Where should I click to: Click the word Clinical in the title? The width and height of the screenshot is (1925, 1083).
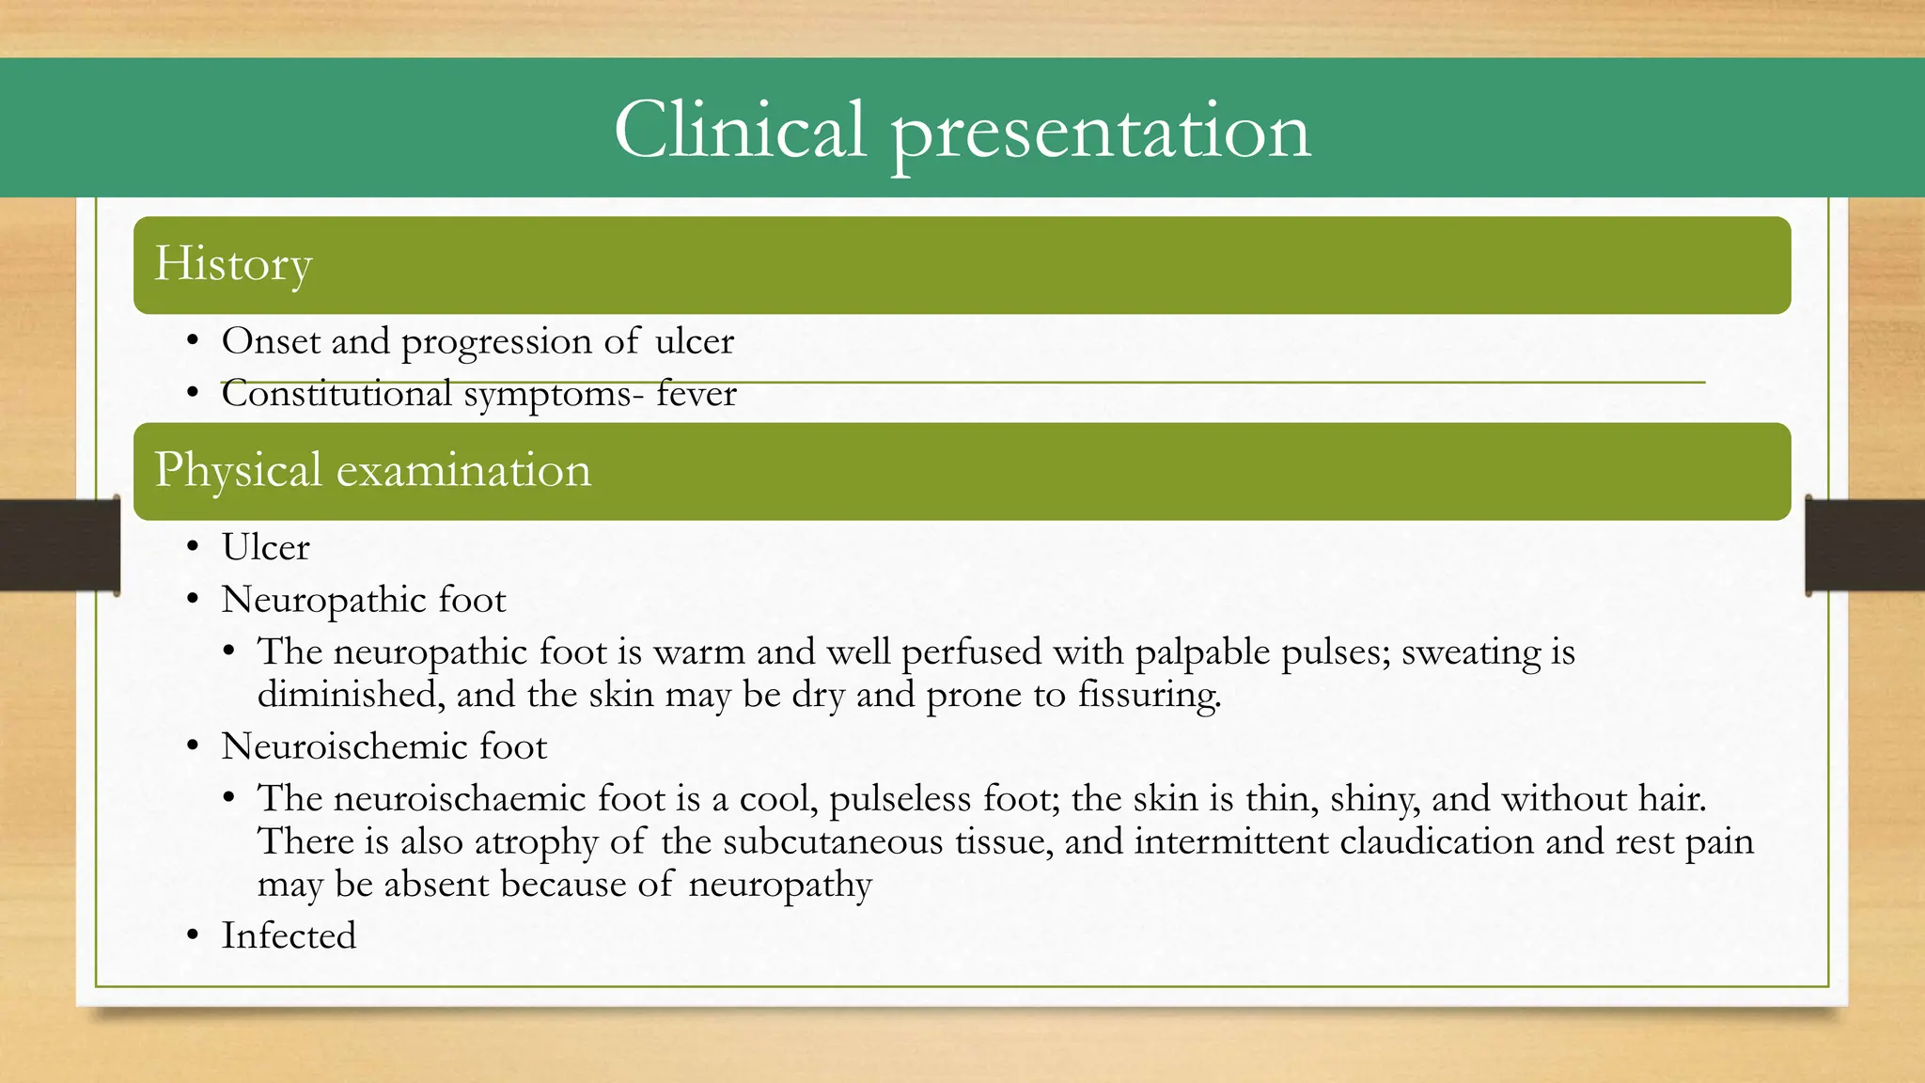[739, 130]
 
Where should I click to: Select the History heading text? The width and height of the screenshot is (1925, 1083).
[232, 264]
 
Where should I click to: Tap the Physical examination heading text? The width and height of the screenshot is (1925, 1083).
[372, 470]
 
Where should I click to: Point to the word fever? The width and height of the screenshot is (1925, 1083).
[696, 394]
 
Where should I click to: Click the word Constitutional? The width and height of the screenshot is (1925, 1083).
[336, 394]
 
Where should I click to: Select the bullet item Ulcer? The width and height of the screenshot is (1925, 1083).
[265, 548]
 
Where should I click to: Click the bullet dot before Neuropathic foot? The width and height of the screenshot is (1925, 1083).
[193, 600]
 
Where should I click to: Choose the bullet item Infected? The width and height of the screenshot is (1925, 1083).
[289, 936]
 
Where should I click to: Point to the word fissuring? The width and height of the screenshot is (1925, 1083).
[1149, 696]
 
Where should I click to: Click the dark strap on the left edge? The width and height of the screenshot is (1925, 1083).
[59, 545]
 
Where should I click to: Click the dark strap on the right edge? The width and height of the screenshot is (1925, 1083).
[1865, 545]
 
